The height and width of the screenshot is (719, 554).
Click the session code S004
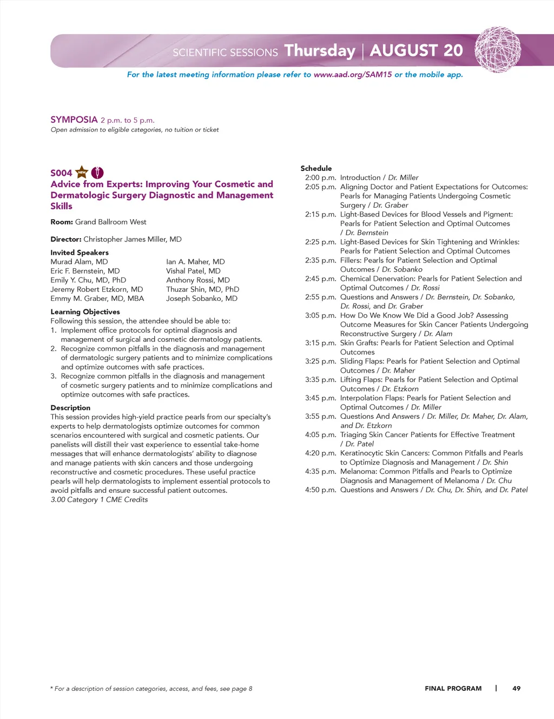pos(61,173)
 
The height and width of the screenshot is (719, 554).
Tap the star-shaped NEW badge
pos(82,173)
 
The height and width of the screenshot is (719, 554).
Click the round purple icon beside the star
pos(97,173)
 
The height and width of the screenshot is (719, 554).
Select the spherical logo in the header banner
pos(498,50)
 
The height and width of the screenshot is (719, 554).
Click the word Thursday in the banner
pos(320,50)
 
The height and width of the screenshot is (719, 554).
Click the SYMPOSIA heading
pos(74,120)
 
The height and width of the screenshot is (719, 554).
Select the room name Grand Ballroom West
pos(110,222)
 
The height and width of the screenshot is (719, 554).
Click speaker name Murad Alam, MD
pos(79,262)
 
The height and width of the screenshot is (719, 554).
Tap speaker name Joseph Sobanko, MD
pos(202,299)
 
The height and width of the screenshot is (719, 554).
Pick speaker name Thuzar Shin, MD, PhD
pos(202,289)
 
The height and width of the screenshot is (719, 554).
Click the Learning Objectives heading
pos(85,312)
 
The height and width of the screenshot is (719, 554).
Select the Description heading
pos(70,408)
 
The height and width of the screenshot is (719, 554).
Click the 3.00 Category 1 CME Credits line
pos(99,500)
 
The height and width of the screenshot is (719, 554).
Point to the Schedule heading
pos(316,168)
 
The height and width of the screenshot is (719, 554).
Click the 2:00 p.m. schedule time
pos(320,177)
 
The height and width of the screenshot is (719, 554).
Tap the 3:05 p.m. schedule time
pos(320,315)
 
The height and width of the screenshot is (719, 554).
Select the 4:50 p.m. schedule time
pos(320,490)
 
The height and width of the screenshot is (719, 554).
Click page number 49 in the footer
pos(516,689)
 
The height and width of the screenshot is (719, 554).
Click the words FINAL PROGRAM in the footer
pos(453,689)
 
